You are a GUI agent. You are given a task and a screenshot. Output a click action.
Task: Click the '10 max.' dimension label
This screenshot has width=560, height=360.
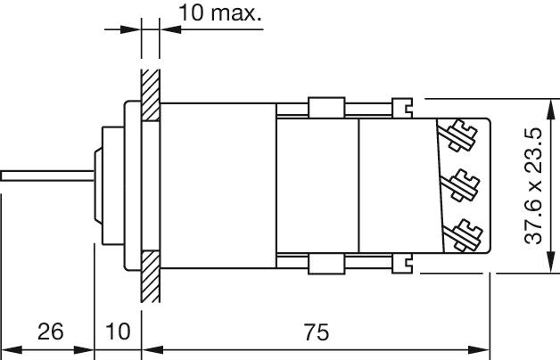[x=220, y=13]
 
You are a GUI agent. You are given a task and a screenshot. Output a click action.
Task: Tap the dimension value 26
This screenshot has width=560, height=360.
[x=50, y=331]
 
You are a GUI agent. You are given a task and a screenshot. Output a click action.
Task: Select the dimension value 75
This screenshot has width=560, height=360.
[x=317, y=332]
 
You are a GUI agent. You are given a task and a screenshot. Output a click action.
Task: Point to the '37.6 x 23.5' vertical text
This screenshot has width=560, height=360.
[x=533, y=186]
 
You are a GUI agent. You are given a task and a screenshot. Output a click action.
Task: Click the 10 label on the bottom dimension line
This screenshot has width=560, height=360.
[x=118, y=331]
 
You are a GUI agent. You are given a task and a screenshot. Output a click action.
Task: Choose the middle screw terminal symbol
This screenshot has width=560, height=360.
[x=460, y=185]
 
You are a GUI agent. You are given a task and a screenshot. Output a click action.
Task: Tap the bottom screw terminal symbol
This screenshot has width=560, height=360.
[x=463, y=234]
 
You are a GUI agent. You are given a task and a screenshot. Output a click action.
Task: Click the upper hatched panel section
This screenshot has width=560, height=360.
[x=151, y=95]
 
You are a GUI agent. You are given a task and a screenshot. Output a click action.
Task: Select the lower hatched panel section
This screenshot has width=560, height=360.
[x=151, y=276]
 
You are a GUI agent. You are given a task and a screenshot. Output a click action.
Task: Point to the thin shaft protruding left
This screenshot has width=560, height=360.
[x=47, y=176]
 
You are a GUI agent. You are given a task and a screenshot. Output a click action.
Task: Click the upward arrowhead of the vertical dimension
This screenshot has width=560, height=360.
[x=551, y=110]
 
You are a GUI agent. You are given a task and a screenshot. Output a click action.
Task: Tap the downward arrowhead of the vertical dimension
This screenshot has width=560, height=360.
[x=551, y=263]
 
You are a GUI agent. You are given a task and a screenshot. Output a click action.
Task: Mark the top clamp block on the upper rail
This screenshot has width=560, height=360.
[x=326, y=108]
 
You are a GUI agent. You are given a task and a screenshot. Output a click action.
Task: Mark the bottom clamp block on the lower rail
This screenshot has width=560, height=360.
[x=326, y=264]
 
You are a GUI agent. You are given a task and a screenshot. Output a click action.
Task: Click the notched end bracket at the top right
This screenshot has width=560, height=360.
[x=402, y=108]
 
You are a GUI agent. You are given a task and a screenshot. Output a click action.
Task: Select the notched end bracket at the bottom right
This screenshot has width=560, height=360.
[x=402, y=263]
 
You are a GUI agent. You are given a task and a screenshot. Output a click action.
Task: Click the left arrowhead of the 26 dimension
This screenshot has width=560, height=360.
[x=12, y=350]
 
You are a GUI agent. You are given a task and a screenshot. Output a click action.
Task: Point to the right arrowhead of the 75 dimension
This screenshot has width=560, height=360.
[x=479, y=350]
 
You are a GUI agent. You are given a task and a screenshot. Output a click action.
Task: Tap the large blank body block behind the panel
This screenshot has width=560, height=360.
[x=218, y=185]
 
